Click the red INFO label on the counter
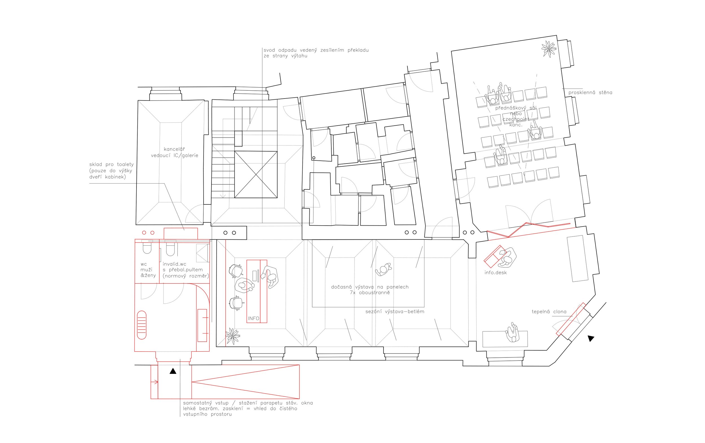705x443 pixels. (254, 318)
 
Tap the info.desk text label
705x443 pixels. (495, 272)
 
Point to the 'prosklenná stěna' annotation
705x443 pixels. (590, 92)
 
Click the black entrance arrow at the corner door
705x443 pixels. (591, 339)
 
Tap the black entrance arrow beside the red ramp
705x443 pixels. (173, 371)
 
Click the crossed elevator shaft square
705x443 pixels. (256, 174)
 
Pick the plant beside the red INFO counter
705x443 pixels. (233, 336)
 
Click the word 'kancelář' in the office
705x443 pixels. (174, 149)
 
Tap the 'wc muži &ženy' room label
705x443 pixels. (148, 270)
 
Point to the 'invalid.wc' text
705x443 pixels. (175, 264)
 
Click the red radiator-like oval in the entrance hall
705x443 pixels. (142, 325)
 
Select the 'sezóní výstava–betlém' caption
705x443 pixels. (395, 312)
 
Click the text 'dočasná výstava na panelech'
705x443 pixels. (370, 287)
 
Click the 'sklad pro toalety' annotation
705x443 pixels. (111, 164)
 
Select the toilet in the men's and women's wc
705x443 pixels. (147, 247)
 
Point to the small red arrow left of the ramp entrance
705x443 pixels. (154, 382)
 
